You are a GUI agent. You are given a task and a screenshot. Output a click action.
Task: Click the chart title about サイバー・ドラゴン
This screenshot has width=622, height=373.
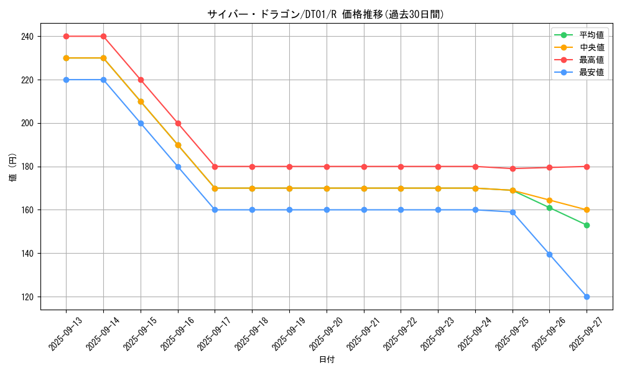point(325,14)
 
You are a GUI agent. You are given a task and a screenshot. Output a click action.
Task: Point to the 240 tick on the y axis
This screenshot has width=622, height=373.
point(27,37)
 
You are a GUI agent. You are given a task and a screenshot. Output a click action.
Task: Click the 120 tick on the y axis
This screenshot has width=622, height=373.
point(27,297)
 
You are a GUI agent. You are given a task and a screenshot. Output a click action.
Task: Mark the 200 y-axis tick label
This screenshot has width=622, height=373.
point(27,124)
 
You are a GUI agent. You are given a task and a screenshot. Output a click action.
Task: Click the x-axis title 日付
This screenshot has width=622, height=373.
point(327,360)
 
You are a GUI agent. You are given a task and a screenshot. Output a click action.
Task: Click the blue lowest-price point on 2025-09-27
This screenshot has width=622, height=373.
point(587,297)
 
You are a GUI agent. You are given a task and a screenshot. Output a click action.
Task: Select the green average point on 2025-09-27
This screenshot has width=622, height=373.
point(587,225)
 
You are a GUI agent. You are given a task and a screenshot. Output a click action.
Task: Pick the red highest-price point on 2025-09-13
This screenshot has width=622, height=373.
point(66,36)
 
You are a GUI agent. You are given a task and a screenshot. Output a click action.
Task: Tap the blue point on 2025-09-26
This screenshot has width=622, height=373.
point(549,254)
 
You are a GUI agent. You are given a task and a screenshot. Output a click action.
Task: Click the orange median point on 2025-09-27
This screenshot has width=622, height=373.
point(587,210)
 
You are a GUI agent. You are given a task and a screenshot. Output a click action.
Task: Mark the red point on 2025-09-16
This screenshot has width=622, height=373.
point(178,123)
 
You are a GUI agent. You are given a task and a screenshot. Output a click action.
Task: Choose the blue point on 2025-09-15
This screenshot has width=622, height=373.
point(141,123)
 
